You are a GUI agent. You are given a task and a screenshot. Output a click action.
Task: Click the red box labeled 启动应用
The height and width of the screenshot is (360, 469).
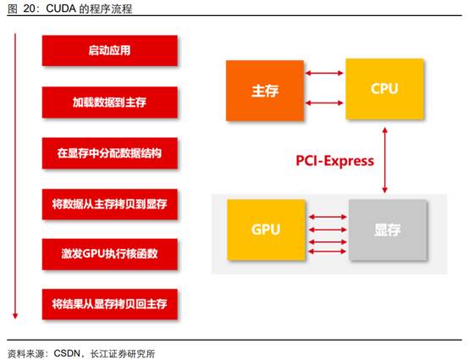110,51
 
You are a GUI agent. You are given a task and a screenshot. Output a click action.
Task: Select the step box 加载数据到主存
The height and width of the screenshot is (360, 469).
110,102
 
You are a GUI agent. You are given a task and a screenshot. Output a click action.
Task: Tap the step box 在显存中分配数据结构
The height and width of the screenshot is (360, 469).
110,153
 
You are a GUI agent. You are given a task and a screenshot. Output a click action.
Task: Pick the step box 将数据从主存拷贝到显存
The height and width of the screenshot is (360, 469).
110,204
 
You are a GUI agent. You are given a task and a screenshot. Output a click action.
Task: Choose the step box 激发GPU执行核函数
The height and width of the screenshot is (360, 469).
110,254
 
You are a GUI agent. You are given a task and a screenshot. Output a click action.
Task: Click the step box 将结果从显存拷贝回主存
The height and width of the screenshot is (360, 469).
110,304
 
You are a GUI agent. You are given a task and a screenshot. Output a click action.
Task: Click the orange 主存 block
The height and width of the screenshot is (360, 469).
265,91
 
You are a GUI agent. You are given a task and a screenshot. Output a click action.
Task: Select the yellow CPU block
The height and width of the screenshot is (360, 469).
384,89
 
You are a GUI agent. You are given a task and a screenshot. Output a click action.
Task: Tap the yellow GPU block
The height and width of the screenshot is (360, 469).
266,230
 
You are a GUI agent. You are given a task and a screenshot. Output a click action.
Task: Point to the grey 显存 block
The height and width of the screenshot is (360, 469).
388,230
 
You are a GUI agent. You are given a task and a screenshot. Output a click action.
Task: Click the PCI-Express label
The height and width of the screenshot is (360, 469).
334,161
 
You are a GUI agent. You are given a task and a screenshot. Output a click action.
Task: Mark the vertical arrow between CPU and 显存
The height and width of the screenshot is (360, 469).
385,160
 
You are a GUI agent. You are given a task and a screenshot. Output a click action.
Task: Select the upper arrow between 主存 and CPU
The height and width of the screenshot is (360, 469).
324,73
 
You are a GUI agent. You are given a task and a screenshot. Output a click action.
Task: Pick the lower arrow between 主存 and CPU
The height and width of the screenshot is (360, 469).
324,103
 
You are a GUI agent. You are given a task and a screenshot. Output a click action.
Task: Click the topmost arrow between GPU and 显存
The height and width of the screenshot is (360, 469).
328,217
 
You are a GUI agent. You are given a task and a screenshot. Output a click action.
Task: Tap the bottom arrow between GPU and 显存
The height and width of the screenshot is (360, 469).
328,252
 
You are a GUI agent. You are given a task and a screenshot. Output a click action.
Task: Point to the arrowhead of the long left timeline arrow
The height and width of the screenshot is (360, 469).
15,316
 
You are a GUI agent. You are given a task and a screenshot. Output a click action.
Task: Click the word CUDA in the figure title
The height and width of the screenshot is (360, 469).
61,8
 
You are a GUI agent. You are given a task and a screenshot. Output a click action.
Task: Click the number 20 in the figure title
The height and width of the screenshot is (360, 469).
30,8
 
